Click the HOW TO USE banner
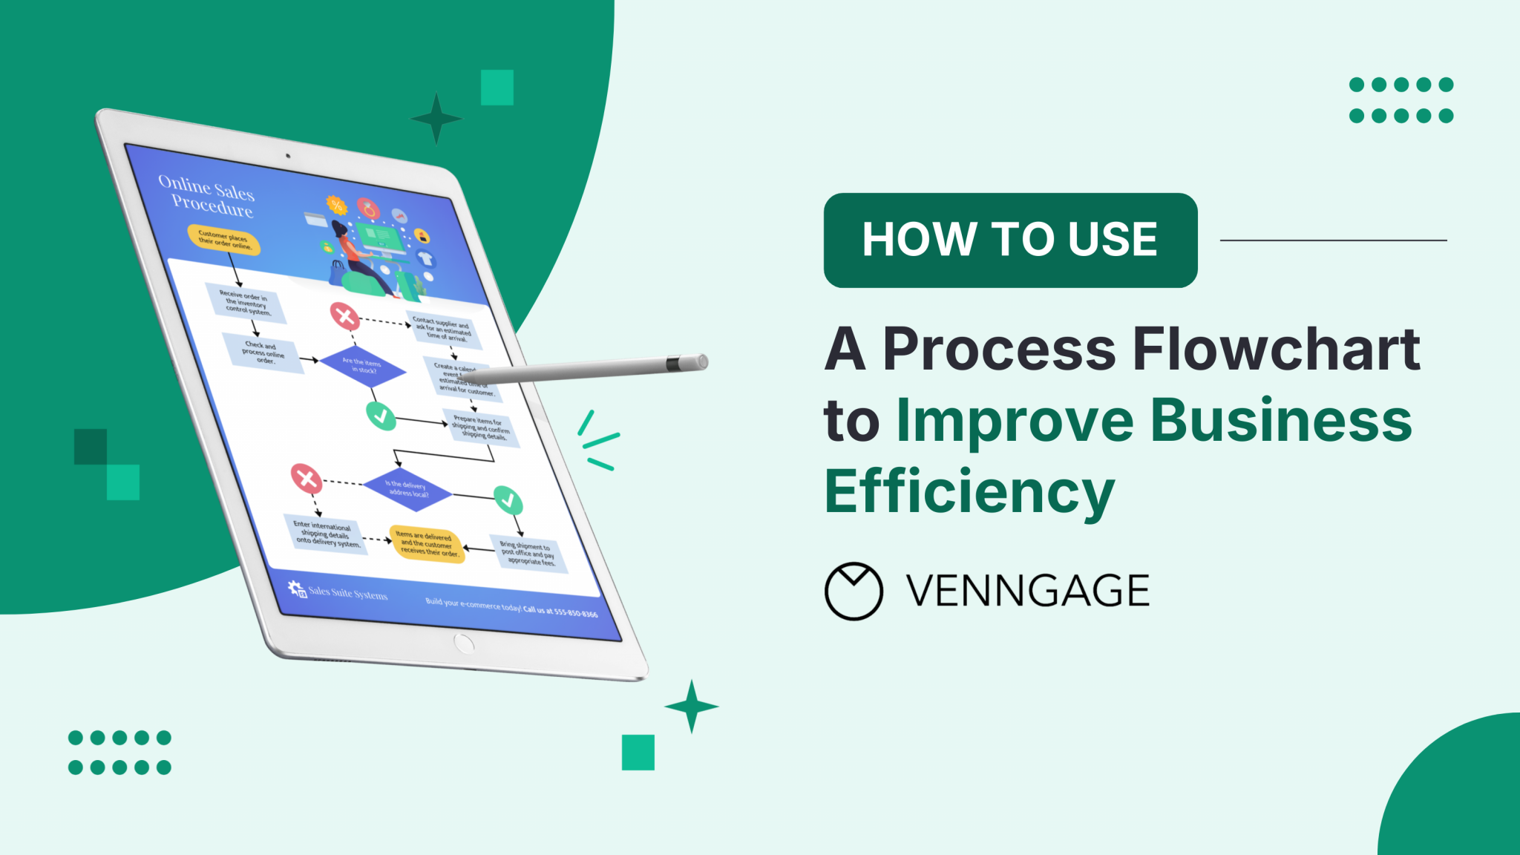pos(1009,240)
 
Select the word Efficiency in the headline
pos(969,491)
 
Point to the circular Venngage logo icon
pos(854,591)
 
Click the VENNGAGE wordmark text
pos(1027,591)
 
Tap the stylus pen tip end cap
pos(699,362)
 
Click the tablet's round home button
pos(464,643)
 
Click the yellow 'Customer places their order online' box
pos(224,240)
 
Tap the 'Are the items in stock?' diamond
pos(362,365)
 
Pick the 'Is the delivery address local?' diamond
pos(407,488)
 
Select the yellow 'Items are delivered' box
pos(427,545)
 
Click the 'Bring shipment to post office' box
pos(528,554)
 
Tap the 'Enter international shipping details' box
pos(325,534)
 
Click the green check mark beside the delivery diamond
pos(508,500)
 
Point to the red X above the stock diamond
pos(344,316)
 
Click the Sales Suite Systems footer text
pos(347,593)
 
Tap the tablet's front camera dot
pos(288,156)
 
